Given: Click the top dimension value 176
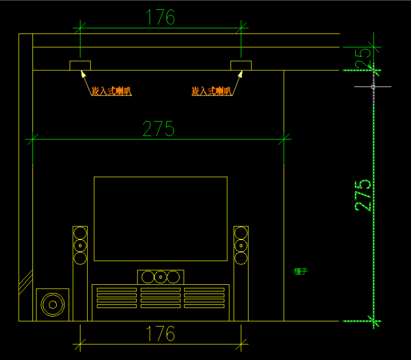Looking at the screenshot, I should point(161,18).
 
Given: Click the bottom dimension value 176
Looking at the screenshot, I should point(161,334).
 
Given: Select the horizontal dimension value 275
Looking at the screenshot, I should point(158,129).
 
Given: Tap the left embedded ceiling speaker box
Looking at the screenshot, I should point(80,66).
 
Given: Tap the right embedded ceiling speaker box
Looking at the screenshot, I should point(241,66).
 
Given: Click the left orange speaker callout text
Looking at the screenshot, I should point(111,91).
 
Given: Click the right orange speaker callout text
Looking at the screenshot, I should point(211,91).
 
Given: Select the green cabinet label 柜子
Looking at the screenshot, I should point(301,271).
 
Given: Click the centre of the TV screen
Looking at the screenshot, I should point(161,218).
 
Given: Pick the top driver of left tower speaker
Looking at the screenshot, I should point(80,234).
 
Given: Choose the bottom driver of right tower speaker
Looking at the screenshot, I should point(241,258).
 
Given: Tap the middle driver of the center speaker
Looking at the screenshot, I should point(161,277).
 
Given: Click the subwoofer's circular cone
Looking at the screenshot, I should point(52,304).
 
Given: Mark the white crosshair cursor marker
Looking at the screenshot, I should point(373,86).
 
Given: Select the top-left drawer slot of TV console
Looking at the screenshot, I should point(117,290).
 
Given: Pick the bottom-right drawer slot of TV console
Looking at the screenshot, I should point(204,306).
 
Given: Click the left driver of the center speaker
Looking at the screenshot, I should point(147,277).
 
